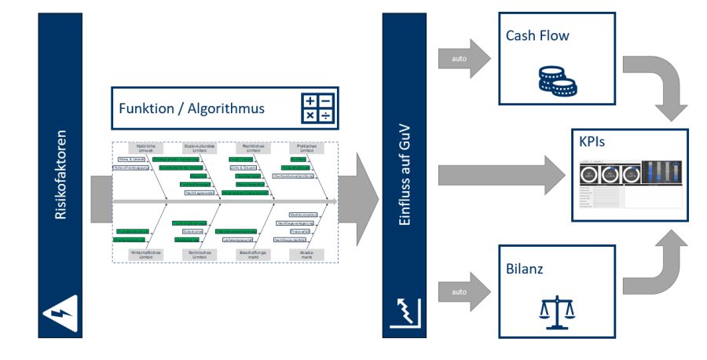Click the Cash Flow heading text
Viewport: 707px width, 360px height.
coord(537,36)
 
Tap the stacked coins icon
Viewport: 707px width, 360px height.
coord(556,79)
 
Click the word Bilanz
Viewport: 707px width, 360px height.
coord(526,268)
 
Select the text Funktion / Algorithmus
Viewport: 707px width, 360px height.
coord(192,108)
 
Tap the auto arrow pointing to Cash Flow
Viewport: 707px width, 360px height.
coord(463,58)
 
